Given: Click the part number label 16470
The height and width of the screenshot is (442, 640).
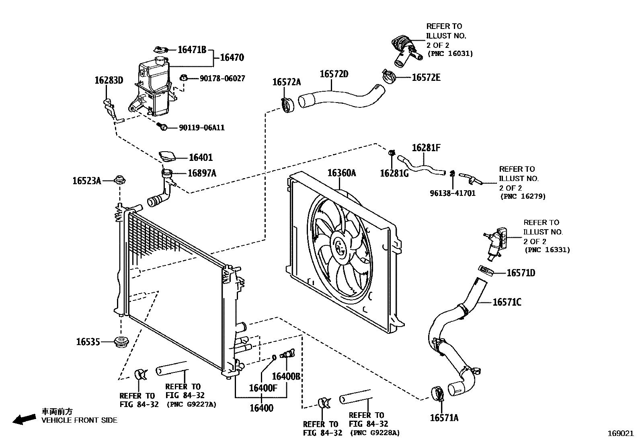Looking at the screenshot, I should tap(232, 58).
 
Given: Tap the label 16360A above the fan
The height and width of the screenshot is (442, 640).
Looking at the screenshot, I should tap(341, 173).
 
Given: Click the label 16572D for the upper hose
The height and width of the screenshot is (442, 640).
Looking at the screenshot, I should tap(334, 74).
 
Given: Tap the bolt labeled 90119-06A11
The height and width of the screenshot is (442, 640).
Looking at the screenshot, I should tap(163, 127).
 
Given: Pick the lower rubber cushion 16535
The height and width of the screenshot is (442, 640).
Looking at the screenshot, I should tap(121, 343).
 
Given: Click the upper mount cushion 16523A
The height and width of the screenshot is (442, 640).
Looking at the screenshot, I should tap(119, 179).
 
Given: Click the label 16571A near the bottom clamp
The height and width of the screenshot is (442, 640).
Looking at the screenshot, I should tap(444, 418).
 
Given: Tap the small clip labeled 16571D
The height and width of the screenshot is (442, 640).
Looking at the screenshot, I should tap(486, 271).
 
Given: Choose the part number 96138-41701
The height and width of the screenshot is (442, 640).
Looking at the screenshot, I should tap(452, 193).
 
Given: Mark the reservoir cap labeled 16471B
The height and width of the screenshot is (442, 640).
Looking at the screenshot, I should tap(161, 50).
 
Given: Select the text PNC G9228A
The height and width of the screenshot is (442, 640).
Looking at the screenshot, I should tap(375, 433).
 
